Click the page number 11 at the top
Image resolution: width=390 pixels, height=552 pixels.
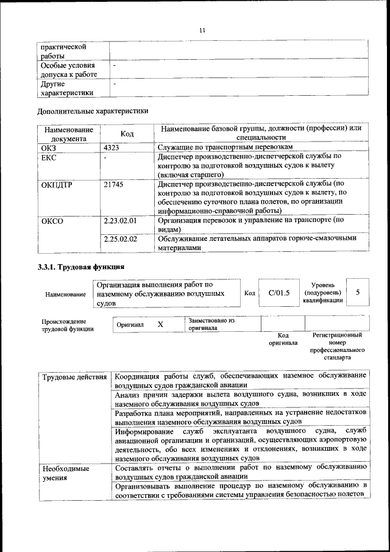[x=203, y=30]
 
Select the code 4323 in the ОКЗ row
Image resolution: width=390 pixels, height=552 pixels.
[x=112, y=148]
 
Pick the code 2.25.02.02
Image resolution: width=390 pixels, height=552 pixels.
[x=120, y=239]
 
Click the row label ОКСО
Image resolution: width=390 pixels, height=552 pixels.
[x=52, y=221]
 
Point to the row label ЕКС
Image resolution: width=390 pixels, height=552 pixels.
[x=48, y=157]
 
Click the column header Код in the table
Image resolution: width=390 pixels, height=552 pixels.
[x=127, y=134]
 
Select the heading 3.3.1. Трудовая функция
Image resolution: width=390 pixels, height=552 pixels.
[x=82, y=267]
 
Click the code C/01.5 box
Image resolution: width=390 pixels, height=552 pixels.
[x=280, y=293]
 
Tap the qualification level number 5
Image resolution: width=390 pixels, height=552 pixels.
[x=358, y=292]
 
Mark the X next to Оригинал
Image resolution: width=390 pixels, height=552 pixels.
[x=160, y=324]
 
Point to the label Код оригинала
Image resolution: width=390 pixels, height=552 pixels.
[x=283, y=339]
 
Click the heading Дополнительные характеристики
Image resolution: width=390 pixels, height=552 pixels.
[x=93, y=111]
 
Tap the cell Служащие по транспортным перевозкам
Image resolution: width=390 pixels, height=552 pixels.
[x=225, y=148]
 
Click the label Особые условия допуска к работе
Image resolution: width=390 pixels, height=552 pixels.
[x=69, y=70]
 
